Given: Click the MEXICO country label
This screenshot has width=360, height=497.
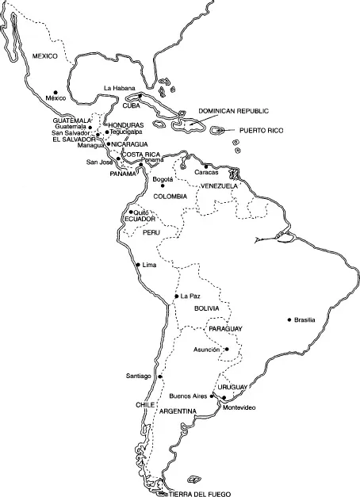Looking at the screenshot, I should [46, 55].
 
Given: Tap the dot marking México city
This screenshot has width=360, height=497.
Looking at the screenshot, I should [56, 90].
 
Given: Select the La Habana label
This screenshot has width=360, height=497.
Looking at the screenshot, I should [120, 88].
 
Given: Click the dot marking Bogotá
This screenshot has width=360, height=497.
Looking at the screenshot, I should [161, 186].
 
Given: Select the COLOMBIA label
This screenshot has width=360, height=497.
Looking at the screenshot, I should [170, 196].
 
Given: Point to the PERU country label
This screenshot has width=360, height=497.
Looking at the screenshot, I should [151, 233].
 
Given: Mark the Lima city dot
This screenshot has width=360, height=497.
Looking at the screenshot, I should [138, 264].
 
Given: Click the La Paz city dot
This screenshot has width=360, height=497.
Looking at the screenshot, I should [176, 296].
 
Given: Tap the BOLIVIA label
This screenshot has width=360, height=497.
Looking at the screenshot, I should [206, 308].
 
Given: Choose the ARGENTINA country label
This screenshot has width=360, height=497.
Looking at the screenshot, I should [178, 412].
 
